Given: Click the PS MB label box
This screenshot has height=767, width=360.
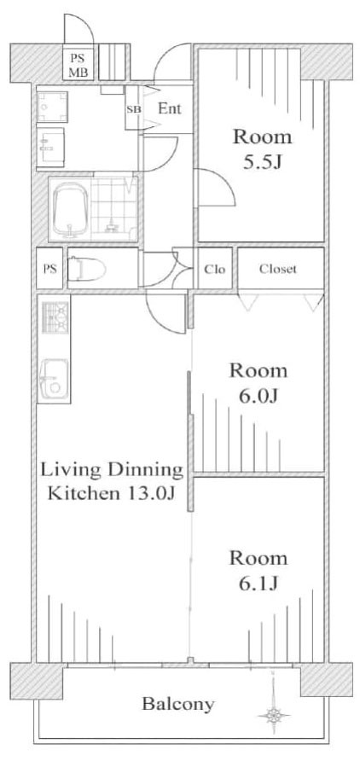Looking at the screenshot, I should coord(78,66).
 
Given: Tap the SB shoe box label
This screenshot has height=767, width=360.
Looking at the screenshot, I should coord(133,109).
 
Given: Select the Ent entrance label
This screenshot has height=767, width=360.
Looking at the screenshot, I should coord(169,108).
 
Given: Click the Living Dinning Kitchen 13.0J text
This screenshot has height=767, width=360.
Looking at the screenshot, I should coord(110,481).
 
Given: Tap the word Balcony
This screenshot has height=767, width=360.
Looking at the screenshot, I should coord(177,705).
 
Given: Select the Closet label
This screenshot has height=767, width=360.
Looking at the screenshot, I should coord(278,270).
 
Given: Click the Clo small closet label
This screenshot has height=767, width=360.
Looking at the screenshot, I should coord(214,270).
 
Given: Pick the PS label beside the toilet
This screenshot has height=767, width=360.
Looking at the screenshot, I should coord(49,270).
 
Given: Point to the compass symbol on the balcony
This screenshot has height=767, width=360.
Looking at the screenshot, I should coord(273,715).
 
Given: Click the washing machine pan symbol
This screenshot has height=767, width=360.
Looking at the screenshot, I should coord(54,107).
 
